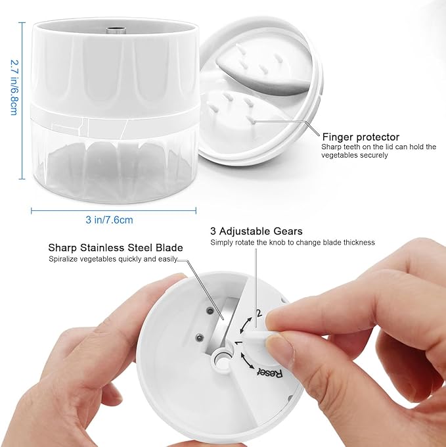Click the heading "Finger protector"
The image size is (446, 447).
coord(361,137)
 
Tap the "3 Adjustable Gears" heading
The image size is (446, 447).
coord(256,231)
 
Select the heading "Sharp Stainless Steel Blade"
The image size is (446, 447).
coord(116,247)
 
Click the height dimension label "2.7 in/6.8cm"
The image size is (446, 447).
coord(14,87)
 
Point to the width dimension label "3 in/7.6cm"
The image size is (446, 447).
coord(109,220)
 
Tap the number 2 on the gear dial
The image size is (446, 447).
coord(259,313)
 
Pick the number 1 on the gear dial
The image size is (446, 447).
coord(238,342)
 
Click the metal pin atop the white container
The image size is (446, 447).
coord(116,30)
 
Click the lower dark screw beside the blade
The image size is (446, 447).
coord(199,338)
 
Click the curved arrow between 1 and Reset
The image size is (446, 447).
coord(246,361)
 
